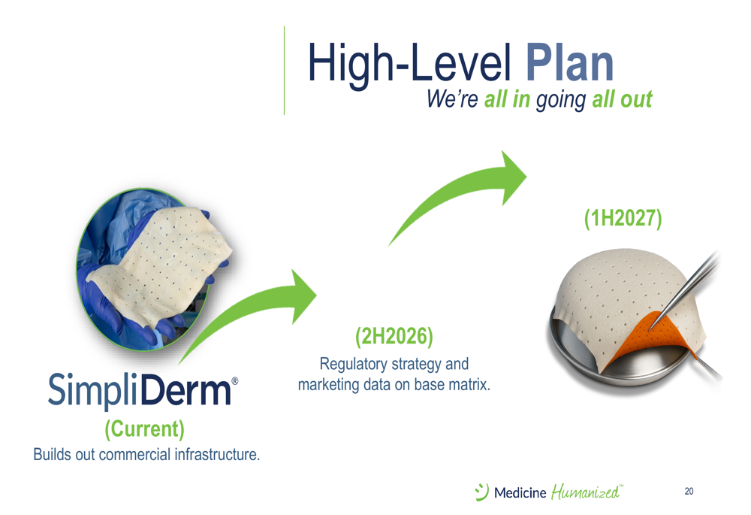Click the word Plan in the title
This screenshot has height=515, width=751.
click(x=569, y=63)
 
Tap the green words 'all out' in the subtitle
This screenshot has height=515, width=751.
click(x=622, y=99)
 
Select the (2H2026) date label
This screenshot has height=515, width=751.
click(x=394, y=336)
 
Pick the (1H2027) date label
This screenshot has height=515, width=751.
click(x=623, y=218)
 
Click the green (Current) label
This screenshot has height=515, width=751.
click(x=145, y=429)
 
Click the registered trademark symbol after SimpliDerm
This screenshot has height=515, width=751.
click(x=234, y=381)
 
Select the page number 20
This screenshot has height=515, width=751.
click(x=689, y=491)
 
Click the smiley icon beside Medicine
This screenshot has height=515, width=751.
click(x=482, y=492)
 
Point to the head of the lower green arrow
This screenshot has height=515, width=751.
click(x=303, y=296)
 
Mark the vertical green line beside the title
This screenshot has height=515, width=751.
click(x=284, y=71)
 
